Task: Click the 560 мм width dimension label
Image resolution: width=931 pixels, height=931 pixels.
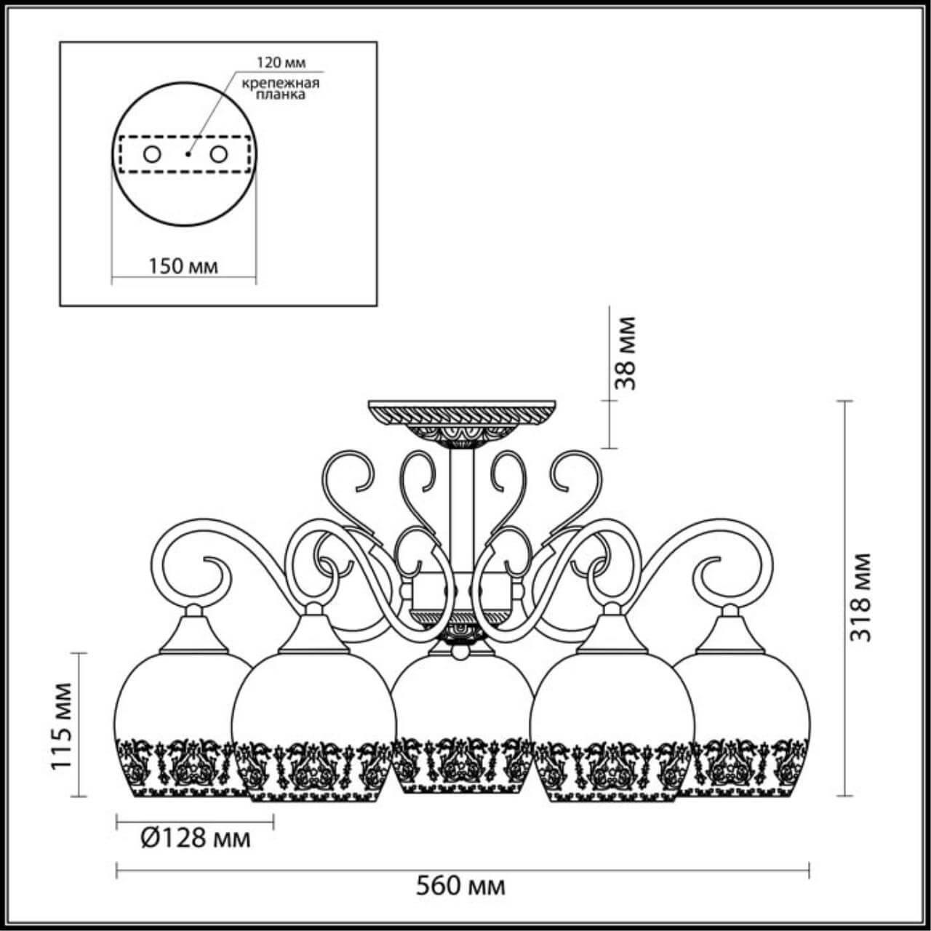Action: pyautogui.click(x=460, y=886)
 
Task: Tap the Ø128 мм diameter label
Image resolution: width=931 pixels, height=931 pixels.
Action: pyautogui.click(x=194, y=839)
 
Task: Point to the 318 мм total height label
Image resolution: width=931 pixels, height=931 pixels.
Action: pyautogui.click(x=861, y=596)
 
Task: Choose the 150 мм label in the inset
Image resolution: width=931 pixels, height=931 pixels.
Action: pyautogui.click(x=183, y=265)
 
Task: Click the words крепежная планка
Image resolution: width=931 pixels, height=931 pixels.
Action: pyautogui.click(x=281, y=89)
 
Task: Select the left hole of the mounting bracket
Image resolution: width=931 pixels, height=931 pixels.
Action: pyautogui.click(x=152, y=154)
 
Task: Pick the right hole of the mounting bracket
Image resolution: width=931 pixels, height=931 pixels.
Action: pyautogui.click(x=217, y=154)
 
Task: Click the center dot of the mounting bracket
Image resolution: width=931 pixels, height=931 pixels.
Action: pyautogui.click(x=187, y=154)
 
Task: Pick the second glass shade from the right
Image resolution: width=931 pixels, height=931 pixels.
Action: pyautogui.click(x=611, y=727)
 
